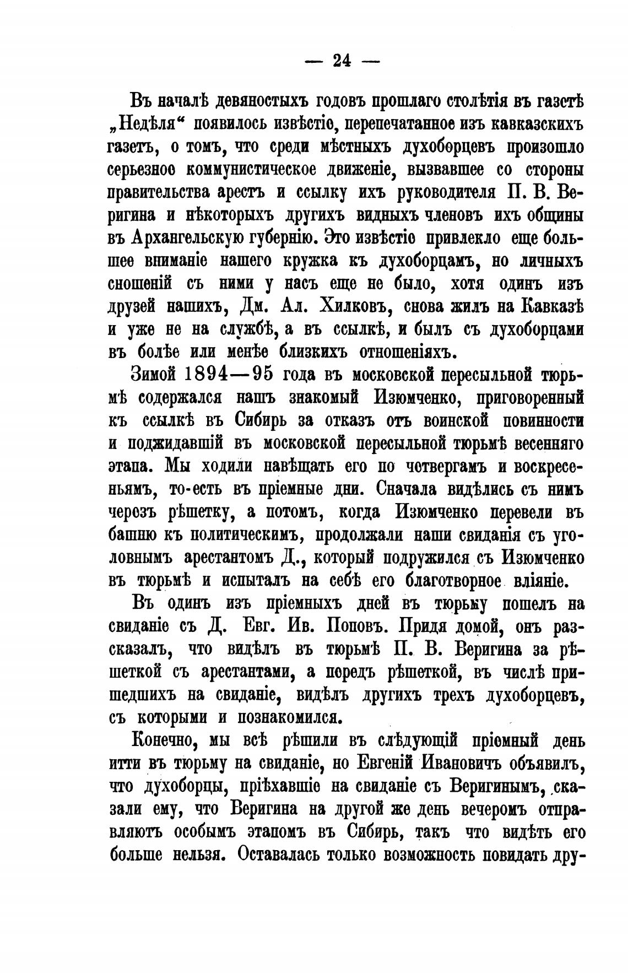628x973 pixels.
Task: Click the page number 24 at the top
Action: (x=342, y=61)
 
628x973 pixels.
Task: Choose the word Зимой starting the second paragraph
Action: (x=152, y=374)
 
